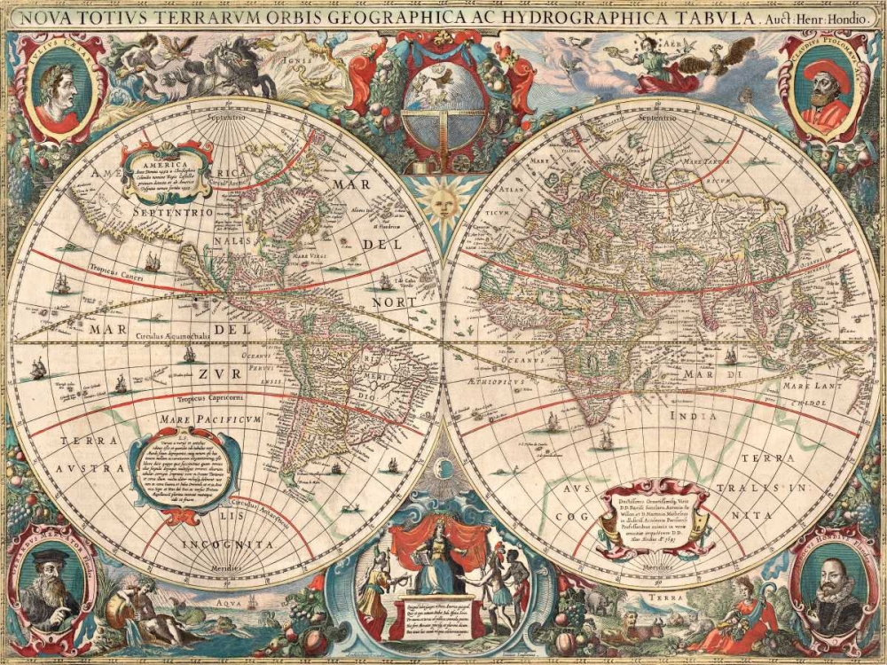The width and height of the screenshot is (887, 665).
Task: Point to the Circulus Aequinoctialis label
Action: [x=174, y=337]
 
